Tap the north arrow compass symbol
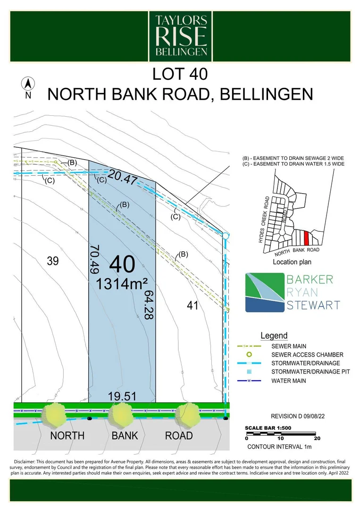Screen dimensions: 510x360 click(28, 85)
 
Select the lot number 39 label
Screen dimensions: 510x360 click(53, 261)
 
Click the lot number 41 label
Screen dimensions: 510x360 click(193, 306)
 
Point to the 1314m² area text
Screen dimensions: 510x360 click(122, 284)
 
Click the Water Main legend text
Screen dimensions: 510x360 click(289, 381)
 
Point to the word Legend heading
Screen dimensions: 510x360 click(274, 336)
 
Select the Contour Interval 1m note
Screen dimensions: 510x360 click(279, 447)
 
